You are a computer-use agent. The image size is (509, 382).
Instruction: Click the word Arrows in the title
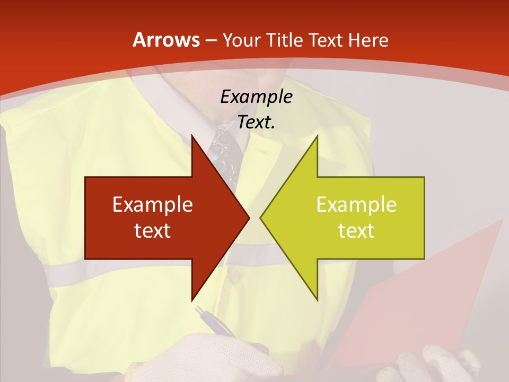coord(165,40)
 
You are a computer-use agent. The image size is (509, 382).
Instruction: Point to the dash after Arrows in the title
coord(210,41)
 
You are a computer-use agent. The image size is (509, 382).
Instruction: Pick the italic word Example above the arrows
coord(256,97)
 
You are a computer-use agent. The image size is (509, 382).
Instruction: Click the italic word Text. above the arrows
coord(256,122)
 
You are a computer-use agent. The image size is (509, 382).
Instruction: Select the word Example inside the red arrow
coord(153,204)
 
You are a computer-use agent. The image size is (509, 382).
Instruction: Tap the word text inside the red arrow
coord(153,230)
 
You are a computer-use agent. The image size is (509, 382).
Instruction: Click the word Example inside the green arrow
coord(356,204)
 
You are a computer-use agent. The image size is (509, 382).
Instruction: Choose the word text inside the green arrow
coord(356,230)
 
